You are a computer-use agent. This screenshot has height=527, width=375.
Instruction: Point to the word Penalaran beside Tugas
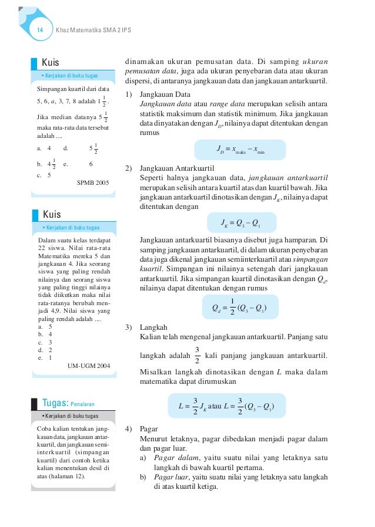(83, 404)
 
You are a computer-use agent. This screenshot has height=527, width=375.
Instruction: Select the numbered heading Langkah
(154, 327)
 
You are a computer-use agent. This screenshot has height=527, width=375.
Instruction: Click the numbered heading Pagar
(150, 429)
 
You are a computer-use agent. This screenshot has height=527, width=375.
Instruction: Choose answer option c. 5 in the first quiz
(44, 174)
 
